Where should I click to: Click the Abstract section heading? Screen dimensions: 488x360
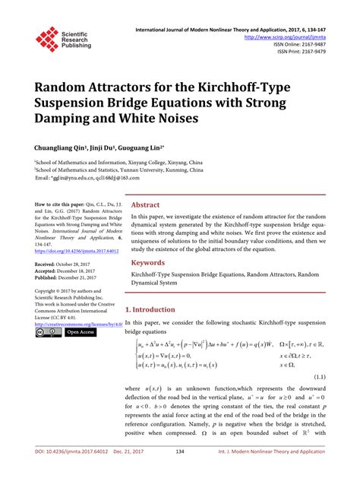pos(146,205)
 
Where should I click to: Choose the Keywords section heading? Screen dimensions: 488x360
pos(149,262)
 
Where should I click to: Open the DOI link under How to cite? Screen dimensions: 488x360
pos(76,249)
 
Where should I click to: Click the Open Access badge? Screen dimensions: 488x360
pos(79,332)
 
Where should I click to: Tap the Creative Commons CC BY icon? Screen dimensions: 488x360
pos(43,332)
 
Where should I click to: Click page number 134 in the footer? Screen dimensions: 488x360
pos(180,473)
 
